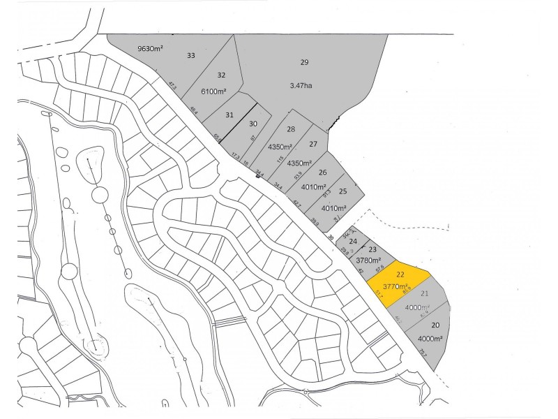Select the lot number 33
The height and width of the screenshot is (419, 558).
pos(190,55)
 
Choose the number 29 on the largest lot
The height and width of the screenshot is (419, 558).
pos(304,62)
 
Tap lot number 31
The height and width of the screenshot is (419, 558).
pos(229,115)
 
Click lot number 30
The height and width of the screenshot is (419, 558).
pos(253,124)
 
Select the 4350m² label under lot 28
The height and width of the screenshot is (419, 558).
pos(282,147)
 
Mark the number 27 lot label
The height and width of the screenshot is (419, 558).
pos(313,145)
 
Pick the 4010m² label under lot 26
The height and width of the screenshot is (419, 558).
pos(313,186)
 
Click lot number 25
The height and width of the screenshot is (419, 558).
pos(342,191)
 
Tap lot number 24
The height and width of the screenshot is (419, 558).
pos(353,242)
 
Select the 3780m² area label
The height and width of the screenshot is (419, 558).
pos(360,260)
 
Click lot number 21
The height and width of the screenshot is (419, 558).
pos(424,293)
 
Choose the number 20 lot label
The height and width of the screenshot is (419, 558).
pos(435,325)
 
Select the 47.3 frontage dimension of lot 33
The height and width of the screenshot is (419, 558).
pos(172,86)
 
